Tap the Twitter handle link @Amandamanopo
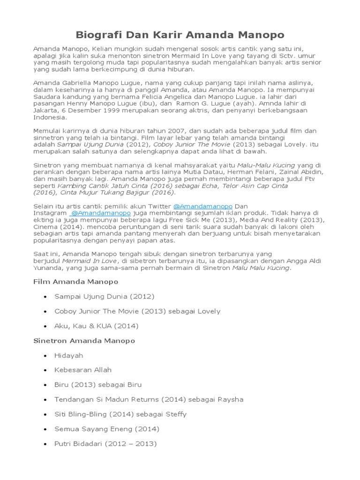point(202,206)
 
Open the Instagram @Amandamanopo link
point(101,213)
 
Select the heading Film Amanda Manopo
point(76,282)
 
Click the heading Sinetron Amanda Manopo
point(84,340)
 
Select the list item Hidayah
point(68,355)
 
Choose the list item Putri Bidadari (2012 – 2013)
point(105,443)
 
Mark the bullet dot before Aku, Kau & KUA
point(45,326)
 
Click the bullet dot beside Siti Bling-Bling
point(45,414)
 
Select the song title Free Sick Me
point(198,220)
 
